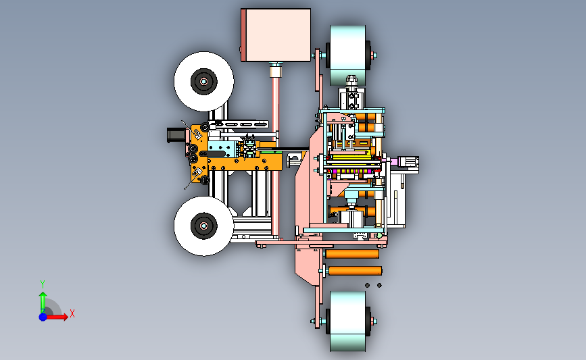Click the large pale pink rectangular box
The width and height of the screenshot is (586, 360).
[276, 35]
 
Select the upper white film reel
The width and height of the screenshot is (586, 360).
[204, 82]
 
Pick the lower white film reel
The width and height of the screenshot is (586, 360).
[204, 226]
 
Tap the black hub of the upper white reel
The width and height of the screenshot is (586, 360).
[204, 82]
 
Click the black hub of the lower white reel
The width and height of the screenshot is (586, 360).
[204, 226]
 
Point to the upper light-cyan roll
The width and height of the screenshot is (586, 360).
[348, 55]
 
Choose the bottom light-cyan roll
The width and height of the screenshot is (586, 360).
[348, 321]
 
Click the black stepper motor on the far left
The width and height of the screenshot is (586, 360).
[176, 135]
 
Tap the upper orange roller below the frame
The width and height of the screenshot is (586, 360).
[352, 254]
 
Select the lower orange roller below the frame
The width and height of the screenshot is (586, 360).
[355, 271]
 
